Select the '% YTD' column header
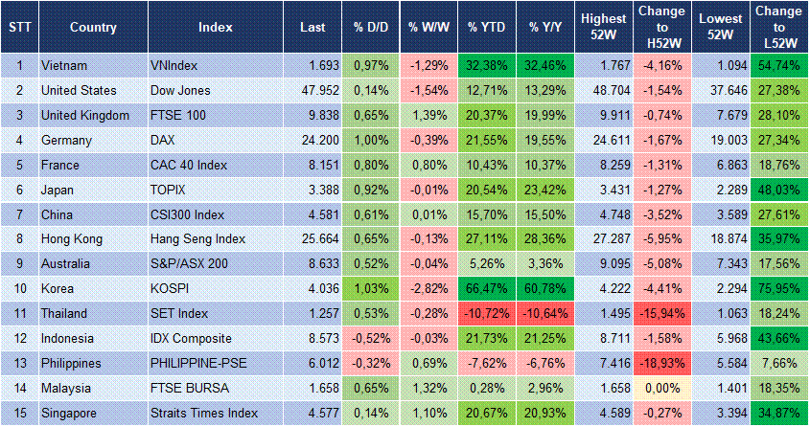(x=487, y=27)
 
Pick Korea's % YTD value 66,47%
(x=487, y=289)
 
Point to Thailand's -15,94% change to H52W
(x=660, y=314)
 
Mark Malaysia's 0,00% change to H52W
(x=660, y=388)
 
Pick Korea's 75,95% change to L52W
(x=779, y=289)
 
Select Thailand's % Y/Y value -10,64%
(x=547, y=314)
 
